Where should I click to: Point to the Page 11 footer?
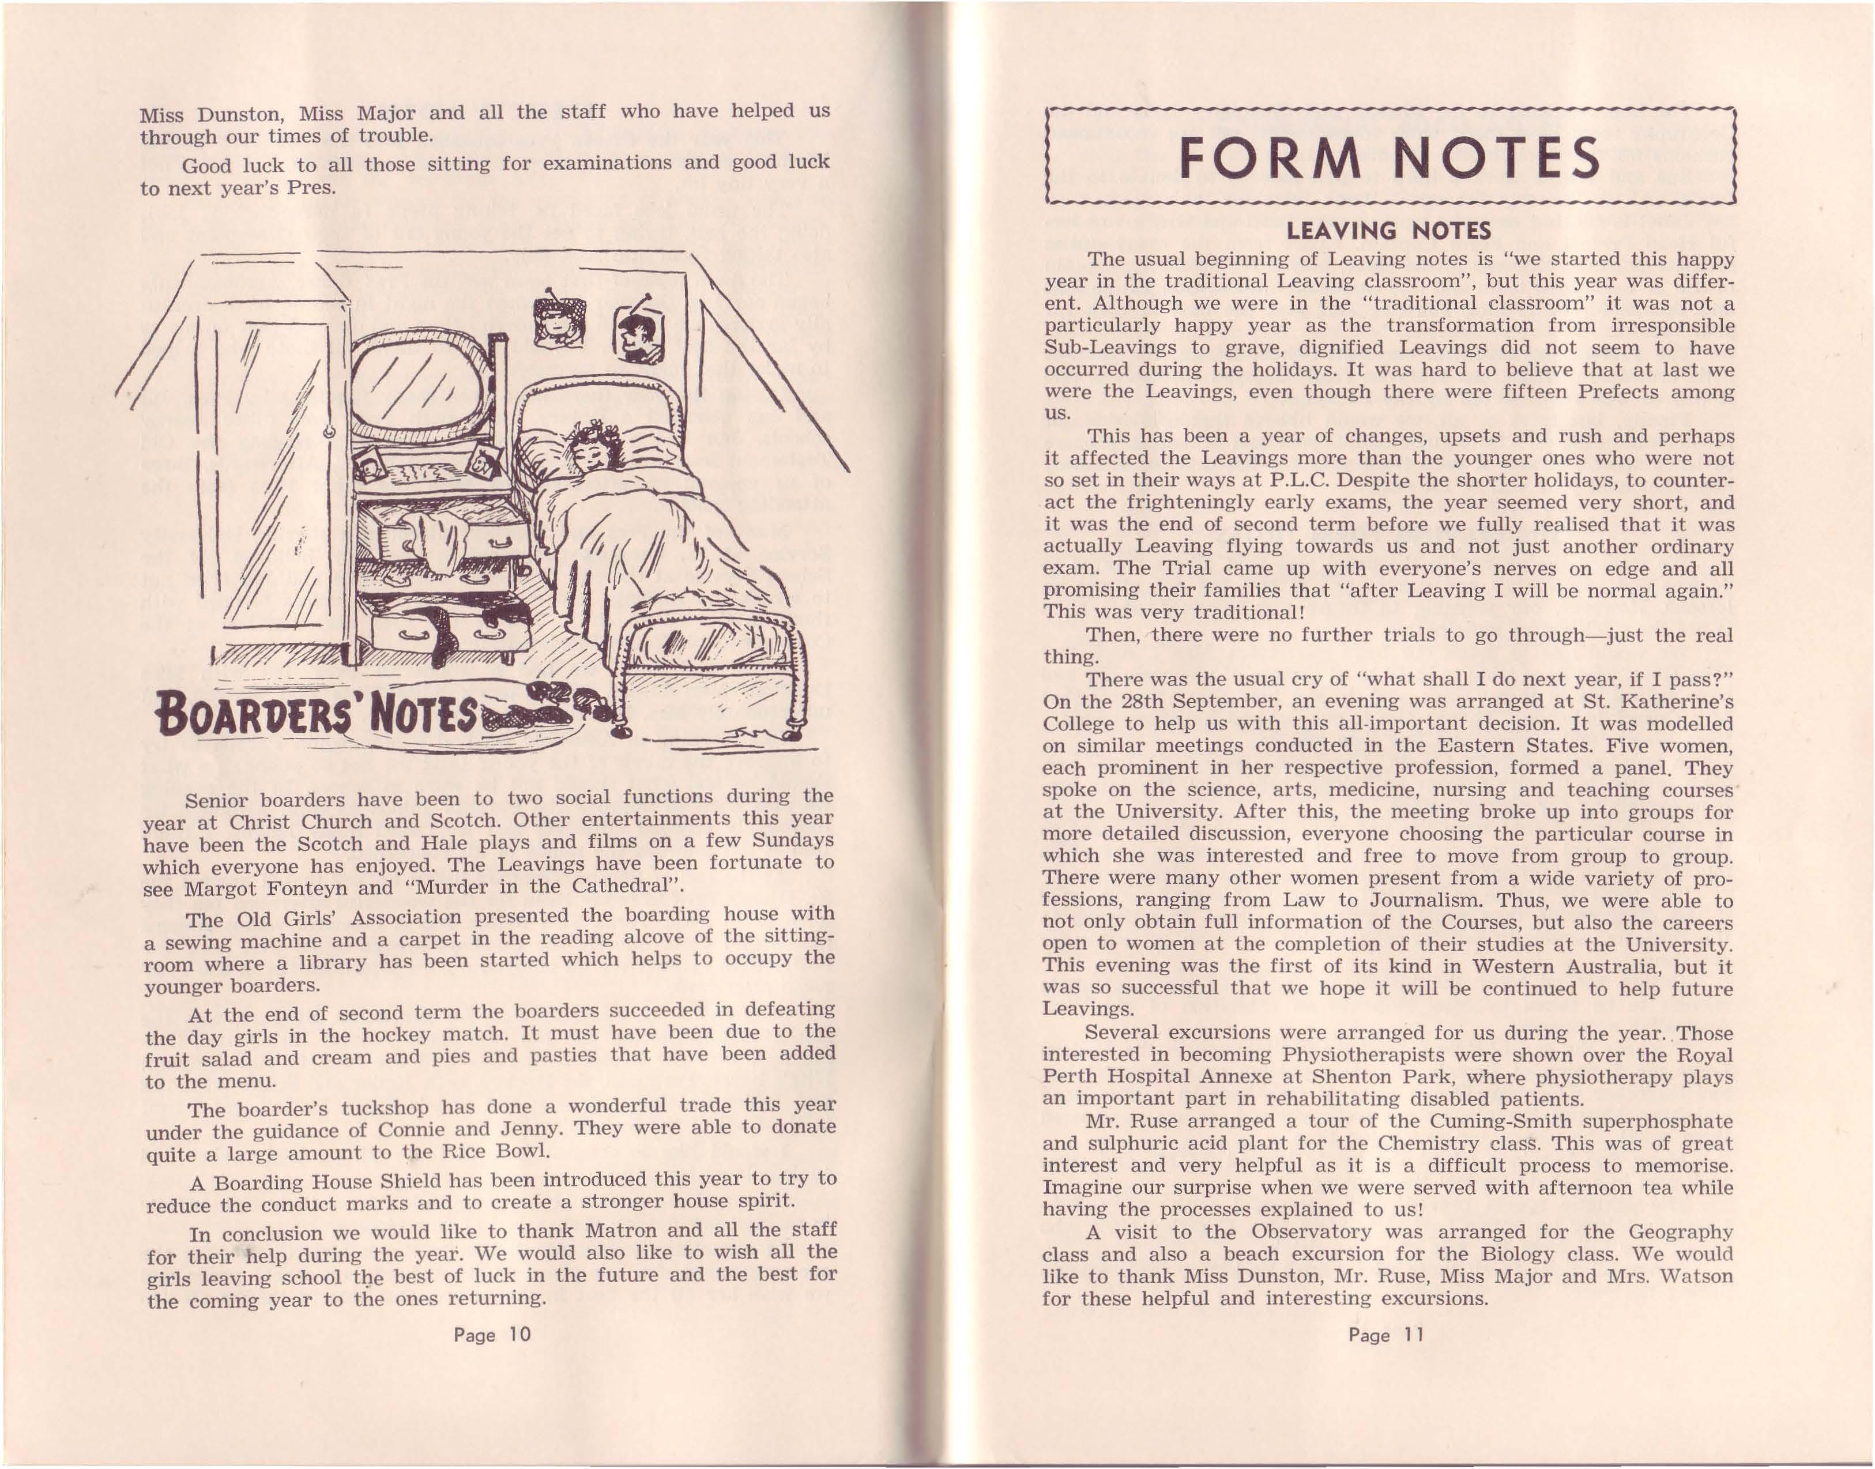[x=1387, y=1334]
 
